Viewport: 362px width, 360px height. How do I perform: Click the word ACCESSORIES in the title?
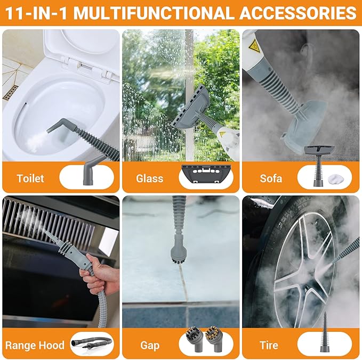coord(298,13)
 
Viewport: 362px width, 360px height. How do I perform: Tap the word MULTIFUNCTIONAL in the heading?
coord(152,13)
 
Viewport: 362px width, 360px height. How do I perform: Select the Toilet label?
coord(30,178)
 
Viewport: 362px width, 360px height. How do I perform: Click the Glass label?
coord(150,178)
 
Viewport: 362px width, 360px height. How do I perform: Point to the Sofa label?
coord(271,178)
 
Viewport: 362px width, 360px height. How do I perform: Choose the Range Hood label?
coord(35,345)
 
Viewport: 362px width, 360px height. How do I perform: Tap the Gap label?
coord(150,346)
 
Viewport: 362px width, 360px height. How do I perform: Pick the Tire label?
coord(269,345)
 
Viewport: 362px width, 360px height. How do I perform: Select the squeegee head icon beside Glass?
coord(206,174)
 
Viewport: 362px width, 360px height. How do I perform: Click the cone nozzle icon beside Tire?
coord(325,332)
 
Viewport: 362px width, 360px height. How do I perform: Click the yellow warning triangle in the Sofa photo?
coord(254,46)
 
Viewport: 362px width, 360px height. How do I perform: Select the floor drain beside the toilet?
coord(11,93)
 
